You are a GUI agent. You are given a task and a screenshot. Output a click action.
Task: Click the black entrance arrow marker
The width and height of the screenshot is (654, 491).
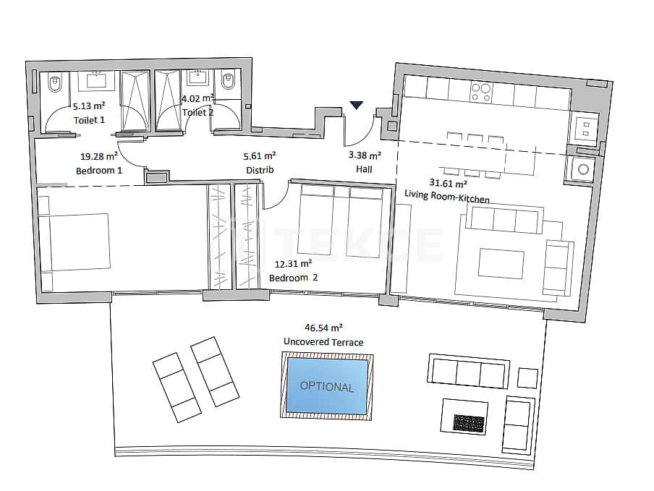(356, 106)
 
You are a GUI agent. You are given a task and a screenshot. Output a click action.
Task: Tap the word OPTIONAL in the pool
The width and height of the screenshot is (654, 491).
(327, 387)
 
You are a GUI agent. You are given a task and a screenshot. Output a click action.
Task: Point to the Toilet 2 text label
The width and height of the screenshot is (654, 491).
(198, 112)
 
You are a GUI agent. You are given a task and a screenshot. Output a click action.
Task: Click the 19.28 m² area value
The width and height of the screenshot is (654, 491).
(99, 155)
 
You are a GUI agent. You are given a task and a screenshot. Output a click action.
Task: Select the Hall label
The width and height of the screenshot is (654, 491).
(364, 169)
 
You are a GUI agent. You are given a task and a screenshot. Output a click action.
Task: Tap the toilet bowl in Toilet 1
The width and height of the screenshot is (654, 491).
(51, 86)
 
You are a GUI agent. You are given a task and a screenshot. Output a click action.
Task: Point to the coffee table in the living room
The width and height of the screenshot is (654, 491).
(500, 263)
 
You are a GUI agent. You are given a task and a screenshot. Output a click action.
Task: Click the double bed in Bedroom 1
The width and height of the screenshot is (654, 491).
(75, 242)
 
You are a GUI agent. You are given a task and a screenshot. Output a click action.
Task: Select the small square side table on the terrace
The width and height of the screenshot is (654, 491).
(528, 377)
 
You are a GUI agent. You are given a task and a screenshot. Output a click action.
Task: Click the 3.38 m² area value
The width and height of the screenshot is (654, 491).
(364, 155)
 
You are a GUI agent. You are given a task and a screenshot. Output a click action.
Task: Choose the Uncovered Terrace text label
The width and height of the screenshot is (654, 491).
(323, 342)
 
